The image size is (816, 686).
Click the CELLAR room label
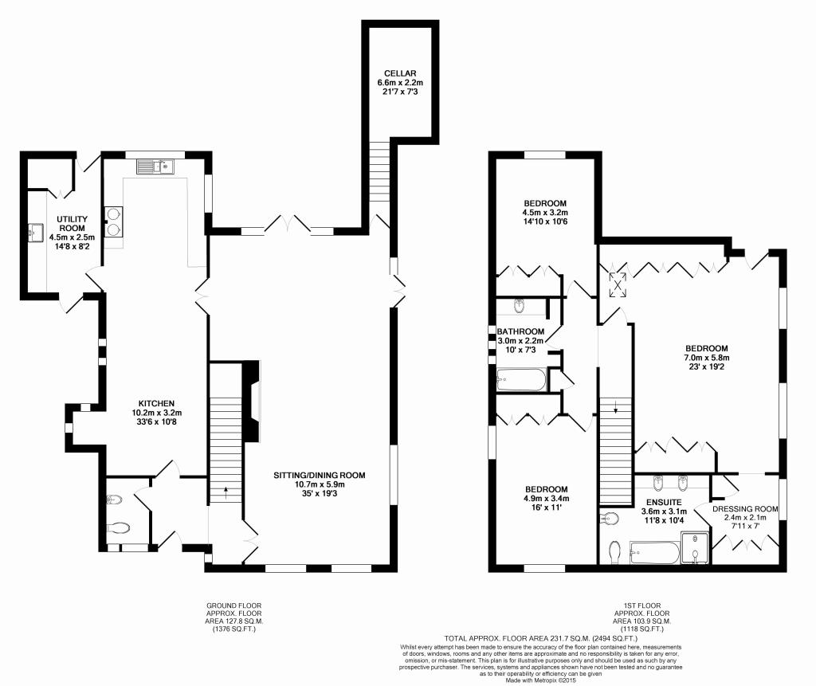click(400, 73)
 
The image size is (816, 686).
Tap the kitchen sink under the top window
click(155, 167)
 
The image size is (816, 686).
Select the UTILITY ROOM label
click(73, 224)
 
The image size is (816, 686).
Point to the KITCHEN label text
click(156, 403)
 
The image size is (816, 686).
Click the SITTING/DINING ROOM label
click(320, 475)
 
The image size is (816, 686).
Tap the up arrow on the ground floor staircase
click(226, 492)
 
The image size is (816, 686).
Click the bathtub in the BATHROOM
click(521, 380)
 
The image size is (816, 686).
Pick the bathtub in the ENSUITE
click(655, 553)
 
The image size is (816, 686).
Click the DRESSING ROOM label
click(745, 509)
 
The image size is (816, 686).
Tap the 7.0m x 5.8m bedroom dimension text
click(706, 358)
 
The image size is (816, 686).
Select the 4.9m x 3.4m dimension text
click(546, 498)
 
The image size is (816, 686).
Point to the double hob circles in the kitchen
click(113, 221)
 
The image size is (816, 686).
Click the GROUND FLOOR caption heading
click(234, 606)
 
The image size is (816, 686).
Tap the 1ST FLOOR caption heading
click(642, 606)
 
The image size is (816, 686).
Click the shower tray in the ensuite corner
click(695, 547)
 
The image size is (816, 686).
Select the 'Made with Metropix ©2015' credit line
click(541, 680)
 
